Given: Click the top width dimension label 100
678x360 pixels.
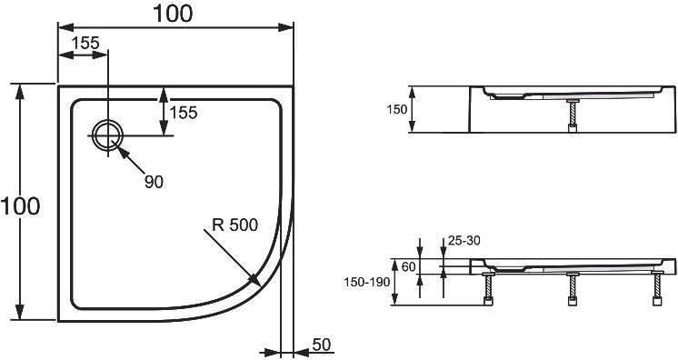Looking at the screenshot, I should coord(173,15).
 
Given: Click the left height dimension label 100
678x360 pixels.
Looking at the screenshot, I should coord(21,206).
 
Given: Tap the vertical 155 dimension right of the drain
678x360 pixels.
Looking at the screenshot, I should coord(184,112).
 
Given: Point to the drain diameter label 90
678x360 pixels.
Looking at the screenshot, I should coord(154,182).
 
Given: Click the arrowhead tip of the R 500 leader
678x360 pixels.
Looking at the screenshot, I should coord(259,280).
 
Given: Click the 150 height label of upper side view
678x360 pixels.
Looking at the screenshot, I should coord(396,110).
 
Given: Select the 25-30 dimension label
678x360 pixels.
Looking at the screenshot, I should coord(464,242).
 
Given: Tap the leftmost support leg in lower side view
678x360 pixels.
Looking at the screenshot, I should coord(490,290).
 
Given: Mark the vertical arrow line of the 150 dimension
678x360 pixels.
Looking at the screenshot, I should coord(413,110).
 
